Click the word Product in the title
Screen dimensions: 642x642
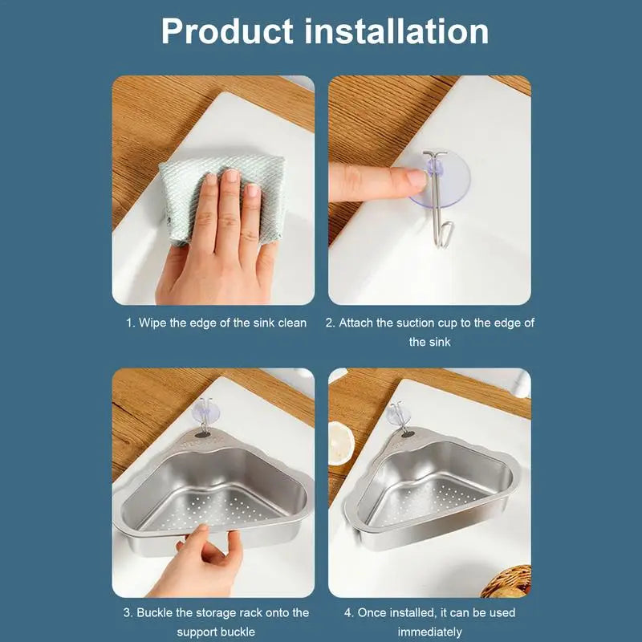click(x=227, y=32)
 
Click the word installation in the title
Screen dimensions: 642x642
click(x=396, y=30)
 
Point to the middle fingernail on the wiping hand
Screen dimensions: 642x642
click(x=232, y=176)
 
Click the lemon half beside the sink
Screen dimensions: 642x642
click(x=340, y=443)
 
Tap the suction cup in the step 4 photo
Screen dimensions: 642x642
click(x=398, y=413)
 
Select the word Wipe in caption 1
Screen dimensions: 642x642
click(x=152, y=323)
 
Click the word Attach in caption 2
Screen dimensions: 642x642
click(x=356, y=323)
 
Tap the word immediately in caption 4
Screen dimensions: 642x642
click(x=430, y=632)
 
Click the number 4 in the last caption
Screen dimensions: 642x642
click(x=348, y=612)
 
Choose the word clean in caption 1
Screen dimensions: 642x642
click(x=292, y=323)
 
